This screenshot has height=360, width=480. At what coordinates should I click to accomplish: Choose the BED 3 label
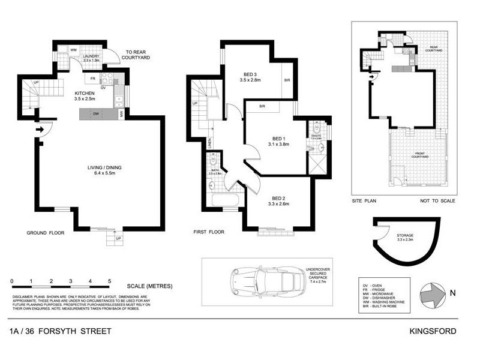click(x=251, y=74)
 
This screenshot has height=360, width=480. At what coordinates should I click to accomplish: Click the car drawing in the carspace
click(x=265, y=280)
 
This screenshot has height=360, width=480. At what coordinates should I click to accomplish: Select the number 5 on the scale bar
click(x=109, y=281)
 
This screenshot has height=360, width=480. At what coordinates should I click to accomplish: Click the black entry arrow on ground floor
click(x=40, y=128)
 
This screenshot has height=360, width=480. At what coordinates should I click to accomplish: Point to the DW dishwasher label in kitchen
click(x=95, y=113)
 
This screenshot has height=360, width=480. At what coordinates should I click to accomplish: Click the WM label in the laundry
click(x=73, y=49)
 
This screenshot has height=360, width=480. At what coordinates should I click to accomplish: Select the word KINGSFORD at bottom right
click(x=434, y=331)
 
